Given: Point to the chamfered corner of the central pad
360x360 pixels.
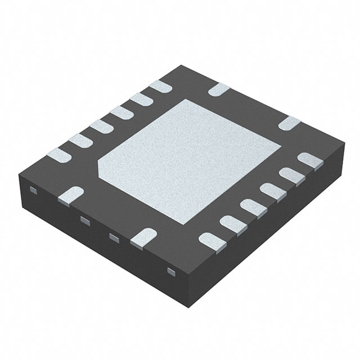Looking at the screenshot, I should tap(104, 166).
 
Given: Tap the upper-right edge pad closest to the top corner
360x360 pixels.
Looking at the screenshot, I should tap(218, 89).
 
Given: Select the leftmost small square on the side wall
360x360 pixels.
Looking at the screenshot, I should tap(33, 191).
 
